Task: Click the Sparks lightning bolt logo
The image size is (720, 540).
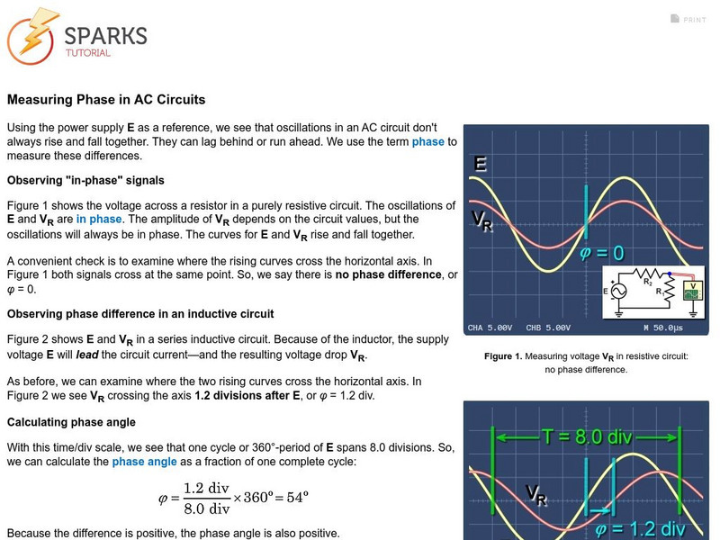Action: point(32,37)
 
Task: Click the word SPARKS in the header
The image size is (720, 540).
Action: point(105,35)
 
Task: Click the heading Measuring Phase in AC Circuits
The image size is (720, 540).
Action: point(106,100)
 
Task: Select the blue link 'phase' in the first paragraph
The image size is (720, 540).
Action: point(428,141)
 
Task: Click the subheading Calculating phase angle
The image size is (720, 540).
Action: point(71,422)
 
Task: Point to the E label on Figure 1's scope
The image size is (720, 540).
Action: point(481,164)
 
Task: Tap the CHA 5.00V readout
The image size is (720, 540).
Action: point(490,327)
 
